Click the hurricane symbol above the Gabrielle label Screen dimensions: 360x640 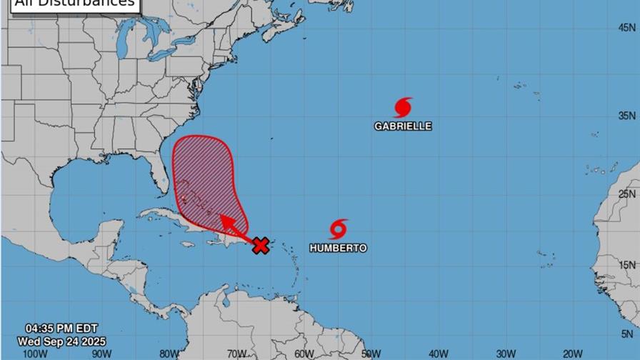click(403, 108)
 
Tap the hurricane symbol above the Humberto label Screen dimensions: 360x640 click(339, 229)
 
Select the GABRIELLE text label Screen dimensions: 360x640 click(403, 126)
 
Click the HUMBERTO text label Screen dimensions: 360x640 click(338, 248)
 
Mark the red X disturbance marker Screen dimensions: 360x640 click(261, 246)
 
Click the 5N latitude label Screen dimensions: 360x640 click(628, 333)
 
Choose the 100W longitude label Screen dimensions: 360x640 click(31, 353)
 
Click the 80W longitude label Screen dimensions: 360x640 click(169, 353)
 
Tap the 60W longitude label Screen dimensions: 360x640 click(304, 353)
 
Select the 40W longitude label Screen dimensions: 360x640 click(439, 353)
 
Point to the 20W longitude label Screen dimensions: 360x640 click(574, 353)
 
